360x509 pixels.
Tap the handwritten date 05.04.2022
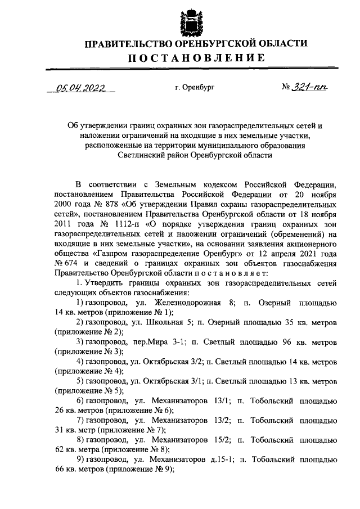[81, 88]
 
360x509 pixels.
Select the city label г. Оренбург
[195, 88]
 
